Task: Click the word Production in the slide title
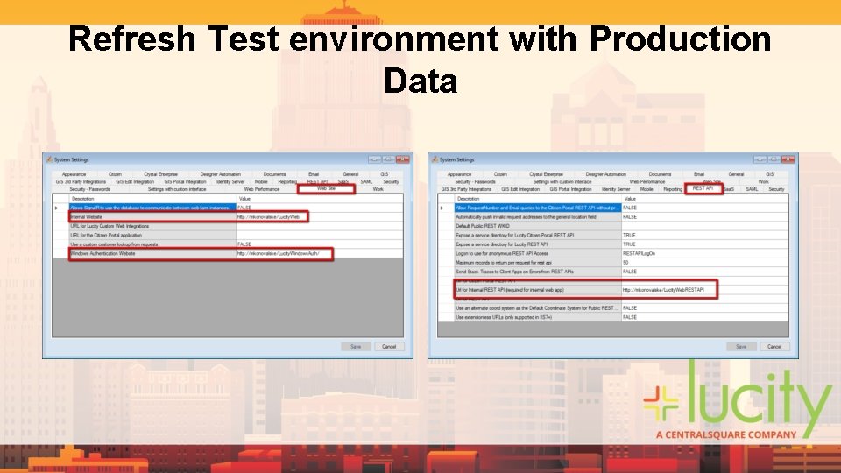point(681,39)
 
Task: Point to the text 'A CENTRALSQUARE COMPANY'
point(726,434)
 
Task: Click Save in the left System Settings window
point(355,346)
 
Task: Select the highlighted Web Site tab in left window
point(326,188)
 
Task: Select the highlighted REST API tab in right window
point(703,188)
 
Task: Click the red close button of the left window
point(402,159)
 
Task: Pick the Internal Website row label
point(88,216)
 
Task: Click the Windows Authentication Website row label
point(103,253)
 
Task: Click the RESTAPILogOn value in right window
point(640,253)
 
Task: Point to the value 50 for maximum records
point(625,262)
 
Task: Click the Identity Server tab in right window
point(616,188)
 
